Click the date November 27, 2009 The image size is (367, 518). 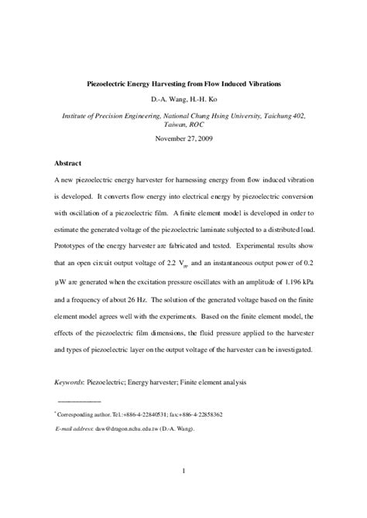[x=183, y=139]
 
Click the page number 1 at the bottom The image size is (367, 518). [x=183, y=492]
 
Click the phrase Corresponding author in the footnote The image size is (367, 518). [x=82, y=414]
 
